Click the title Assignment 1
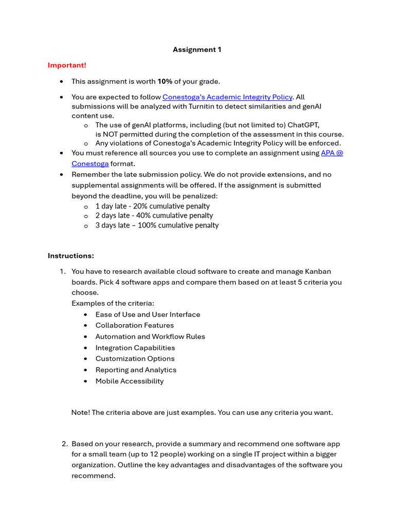[x=197, y=50]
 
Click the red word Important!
[x=67, y=65]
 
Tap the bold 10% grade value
[x=165, y=81]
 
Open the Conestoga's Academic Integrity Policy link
[x=227, y=97]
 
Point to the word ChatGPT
[x=303, y=125]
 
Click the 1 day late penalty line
[x=152, y=206]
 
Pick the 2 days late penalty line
[x=154, y=216]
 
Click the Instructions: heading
[x=71, y=256]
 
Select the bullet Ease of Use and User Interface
[x=148, y=314]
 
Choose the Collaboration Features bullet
[x=134, y=325]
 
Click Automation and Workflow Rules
[x=150, y=337]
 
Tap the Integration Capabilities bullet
[x=135, y=348]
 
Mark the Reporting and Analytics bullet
[x=136, y=370]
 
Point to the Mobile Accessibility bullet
[x=130, y=381]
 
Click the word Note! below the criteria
[x=80, y=413]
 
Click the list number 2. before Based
[x=65, y=444]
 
